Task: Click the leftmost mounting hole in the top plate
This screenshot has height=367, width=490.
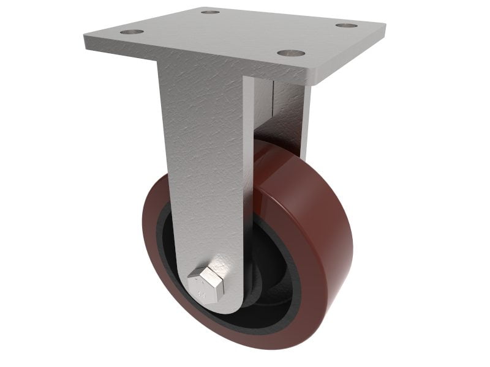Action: pos(132,31)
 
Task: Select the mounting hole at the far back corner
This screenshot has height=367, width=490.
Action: pos(210,12)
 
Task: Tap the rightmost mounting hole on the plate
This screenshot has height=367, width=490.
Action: pos(346,26)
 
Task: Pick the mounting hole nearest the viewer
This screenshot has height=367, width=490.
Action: pos(291,53)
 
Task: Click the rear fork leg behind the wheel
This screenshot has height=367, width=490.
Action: pos(288,116)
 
